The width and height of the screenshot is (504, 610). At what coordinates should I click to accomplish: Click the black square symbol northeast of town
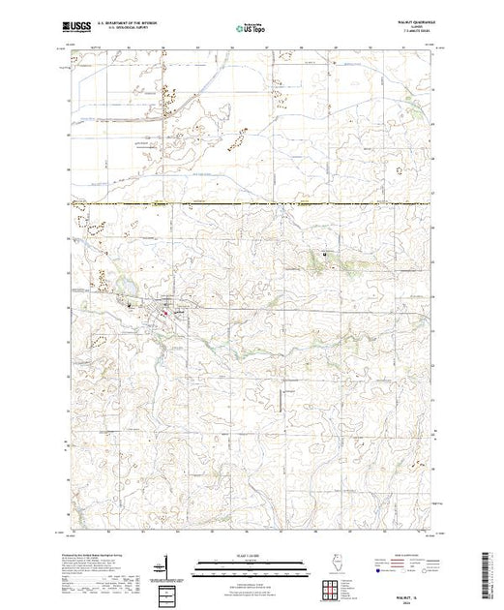pyautogui.click(x=324, y=254)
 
